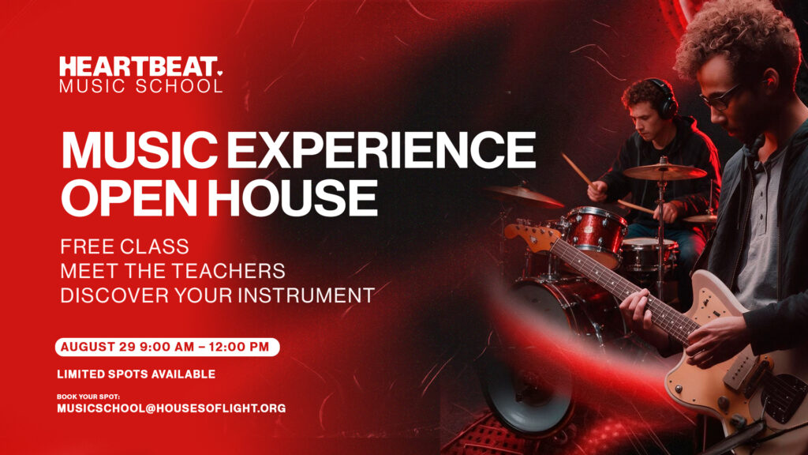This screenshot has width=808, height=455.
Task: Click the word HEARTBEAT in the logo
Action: tap(138, 67)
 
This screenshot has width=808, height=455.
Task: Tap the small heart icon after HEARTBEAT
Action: tap(220, 73)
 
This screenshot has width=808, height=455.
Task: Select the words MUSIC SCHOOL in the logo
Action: tap(140, 86)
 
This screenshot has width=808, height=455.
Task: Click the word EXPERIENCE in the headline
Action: tap(381, 150)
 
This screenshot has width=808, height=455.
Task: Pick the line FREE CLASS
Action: tap(125, 246)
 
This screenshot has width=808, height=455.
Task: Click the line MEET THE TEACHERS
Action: tap(173, 271)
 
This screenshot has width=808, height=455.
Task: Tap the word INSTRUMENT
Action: tap(306, 295)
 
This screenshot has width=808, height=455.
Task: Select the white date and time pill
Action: tap(167, 348)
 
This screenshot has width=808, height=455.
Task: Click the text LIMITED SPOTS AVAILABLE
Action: tap(136, 374)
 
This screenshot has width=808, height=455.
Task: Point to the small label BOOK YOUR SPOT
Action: tap(88, 397)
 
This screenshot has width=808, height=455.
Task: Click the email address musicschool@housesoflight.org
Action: tap(171, 408)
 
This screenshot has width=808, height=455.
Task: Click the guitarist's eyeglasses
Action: tap(721, 96)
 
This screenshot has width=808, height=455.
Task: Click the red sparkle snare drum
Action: tap(594, 235)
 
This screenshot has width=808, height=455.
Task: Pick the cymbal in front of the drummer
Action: tap(664, 171)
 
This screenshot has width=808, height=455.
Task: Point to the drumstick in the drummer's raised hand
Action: tap(577, 169)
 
